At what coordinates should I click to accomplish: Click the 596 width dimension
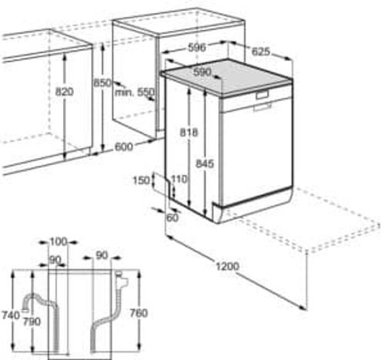tap(197, 48)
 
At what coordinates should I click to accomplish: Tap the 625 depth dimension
tap(261, 52)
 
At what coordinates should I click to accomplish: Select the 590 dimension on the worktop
tap(203, 72)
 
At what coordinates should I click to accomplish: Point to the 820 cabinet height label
tap(65, 92)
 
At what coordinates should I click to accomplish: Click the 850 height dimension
tap(102, 82)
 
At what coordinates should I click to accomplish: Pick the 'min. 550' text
tap(135, 93)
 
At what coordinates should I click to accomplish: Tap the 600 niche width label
tap(124, 147)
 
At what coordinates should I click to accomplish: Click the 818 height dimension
tap(189, 133)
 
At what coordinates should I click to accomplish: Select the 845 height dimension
tap(205, 163)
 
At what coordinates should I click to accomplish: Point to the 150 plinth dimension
tap(142, 180)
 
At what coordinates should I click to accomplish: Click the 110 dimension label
tap(179, 179)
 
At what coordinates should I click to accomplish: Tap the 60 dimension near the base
tap(172, 218)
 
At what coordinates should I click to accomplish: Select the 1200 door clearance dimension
tap(227, 266)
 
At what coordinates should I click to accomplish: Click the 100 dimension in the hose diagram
tap(59, 242)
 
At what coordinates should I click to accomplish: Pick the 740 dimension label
tap(11, 315)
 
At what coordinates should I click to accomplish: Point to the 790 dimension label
tap(32, 321)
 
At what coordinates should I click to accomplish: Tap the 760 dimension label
tap(139, 313)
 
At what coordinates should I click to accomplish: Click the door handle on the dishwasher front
tap(262, 95)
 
